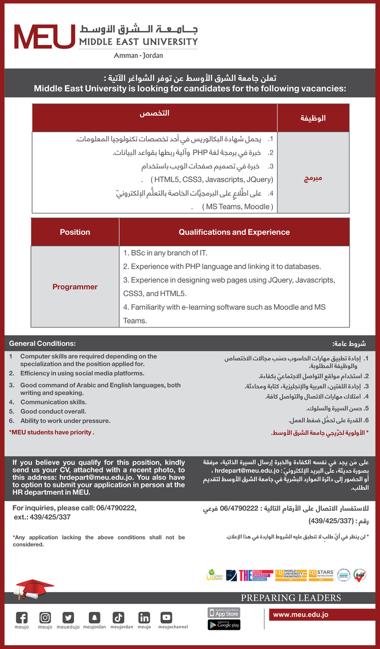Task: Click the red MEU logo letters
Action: pyautogui.click(x=45, y=37)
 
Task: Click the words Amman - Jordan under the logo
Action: pyautogui.click(x=138, y=55)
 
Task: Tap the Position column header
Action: pyautogui.click(x=75, y=232)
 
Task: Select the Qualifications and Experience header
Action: pyautogui.click(x=234, y=232)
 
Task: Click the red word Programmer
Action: pyautogui.click(x=75, y=287)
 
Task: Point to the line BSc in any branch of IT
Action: pyautogui.click(x=165, y=253)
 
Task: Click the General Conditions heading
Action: pyautogui.click(x=42, y=343)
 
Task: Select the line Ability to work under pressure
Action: pyautogui.click(x=65, y=421)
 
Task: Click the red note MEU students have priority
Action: pyautogui.click(x=52, y=432)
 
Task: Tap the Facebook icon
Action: pyautogui.click(x=22, y=618)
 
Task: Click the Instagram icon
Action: pyautogui.click(x=45, y=618)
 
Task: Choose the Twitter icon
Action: pyautogui.click(x=68, y=618)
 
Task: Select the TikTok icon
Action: pyautogui.click(x=118, y=618)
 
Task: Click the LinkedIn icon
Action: pyautogui.click(x=144, y=618)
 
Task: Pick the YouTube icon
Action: pyautogui.click(x=166, y=618)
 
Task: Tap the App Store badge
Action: pyautogui.click(x=224, y=613)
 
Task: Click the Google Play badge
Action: pyautogui.click(x=224, y=625)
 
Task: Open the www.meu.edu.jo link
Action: pyautogui.click(x=301, y=615)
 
